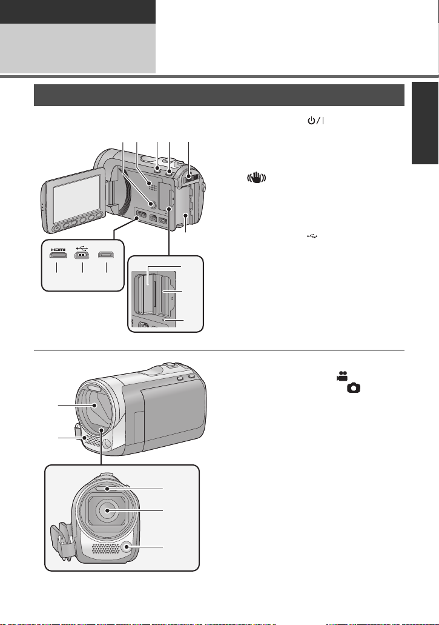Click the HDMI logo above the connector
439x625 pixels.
tap(58, 249)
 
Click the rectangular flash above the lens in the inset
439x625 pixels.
tap(108, 487)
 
